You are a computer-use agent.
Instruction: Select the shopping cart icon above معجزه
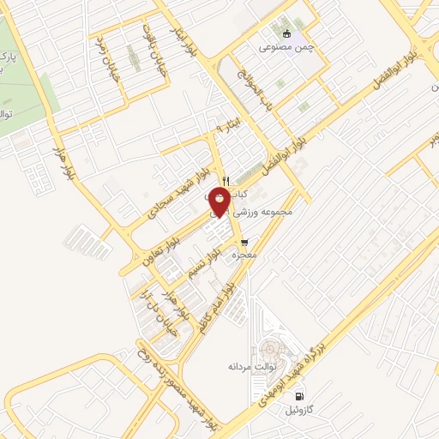tap(245, 243)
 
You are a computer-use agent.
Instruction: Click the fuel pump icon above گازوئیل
tap(298, 395)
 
